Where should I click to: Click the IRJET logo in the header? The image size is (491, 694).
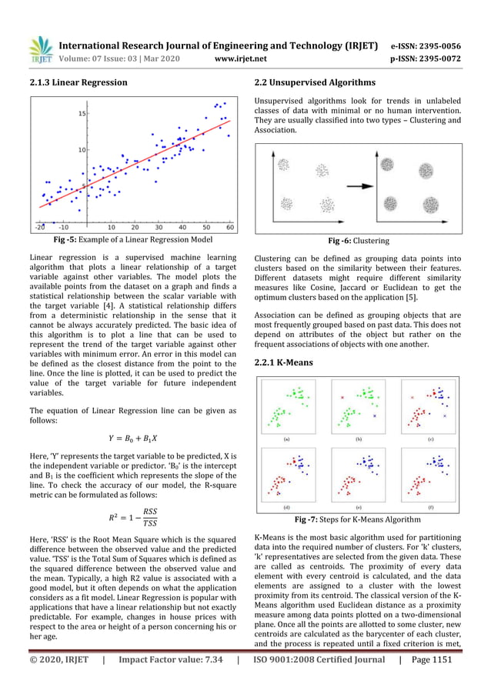click(x=40, y=49)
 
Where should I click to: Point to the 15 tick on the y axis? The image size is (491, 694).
click(x=59, y=114)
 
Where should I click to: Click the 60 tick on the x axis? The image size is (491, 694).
click(x=231, y=228)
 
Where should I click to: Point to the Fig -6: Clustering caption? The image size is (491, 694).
click(x=359, y=241)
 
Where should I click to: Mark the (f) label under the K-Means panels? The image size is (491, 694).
click(x=430, y=509)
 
